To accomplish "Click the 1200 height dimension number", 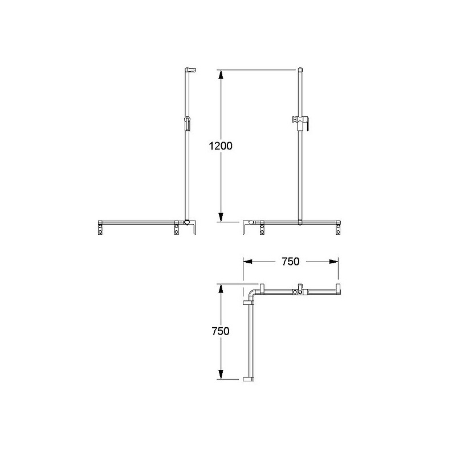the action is click(221, 146).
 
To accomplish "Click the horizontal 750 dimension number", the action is click(291, 262).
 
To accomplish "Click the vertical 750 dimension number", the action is click(221, 331).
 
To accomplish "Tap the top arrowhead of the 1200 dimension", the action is click(221, 75).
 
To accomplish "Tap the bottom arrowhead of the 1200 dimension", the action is click(221, 217).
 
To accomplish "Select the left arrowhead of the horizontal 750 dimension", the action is click(248, 262).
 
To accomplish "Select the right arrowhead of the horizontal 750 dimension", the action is click(333, 262).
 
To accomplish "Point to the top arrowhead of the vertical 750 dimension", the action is click(221, 288).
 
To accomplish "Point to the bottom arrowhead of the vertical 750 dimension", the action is click(221, 374).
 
